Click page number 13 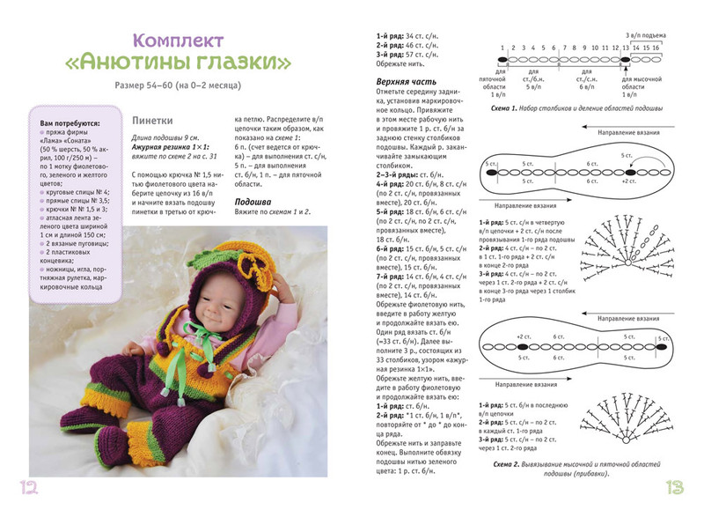(x=677, y=487)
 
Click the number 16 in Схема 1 (x=656, y=46)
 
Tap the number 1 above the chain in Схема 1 (x=502, y=46)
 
